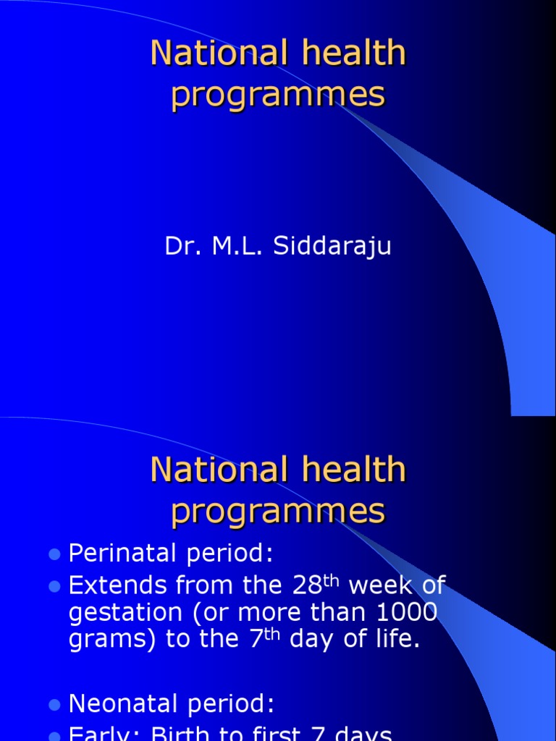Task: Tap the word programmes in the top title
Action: click(x=278, y=96)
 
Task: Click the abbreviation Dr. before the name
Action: click(x=181, y=246)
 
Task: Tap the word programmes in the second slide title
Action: click(x=278, y=511)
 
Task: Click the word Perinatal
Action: click(x=118, y=554)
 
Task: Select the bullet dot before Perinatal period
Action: click(x=54, y=555)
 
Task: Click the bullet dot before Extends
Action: click(x=54, y=585)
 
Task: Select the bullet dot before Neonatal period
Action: click(x=54, y=704)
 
